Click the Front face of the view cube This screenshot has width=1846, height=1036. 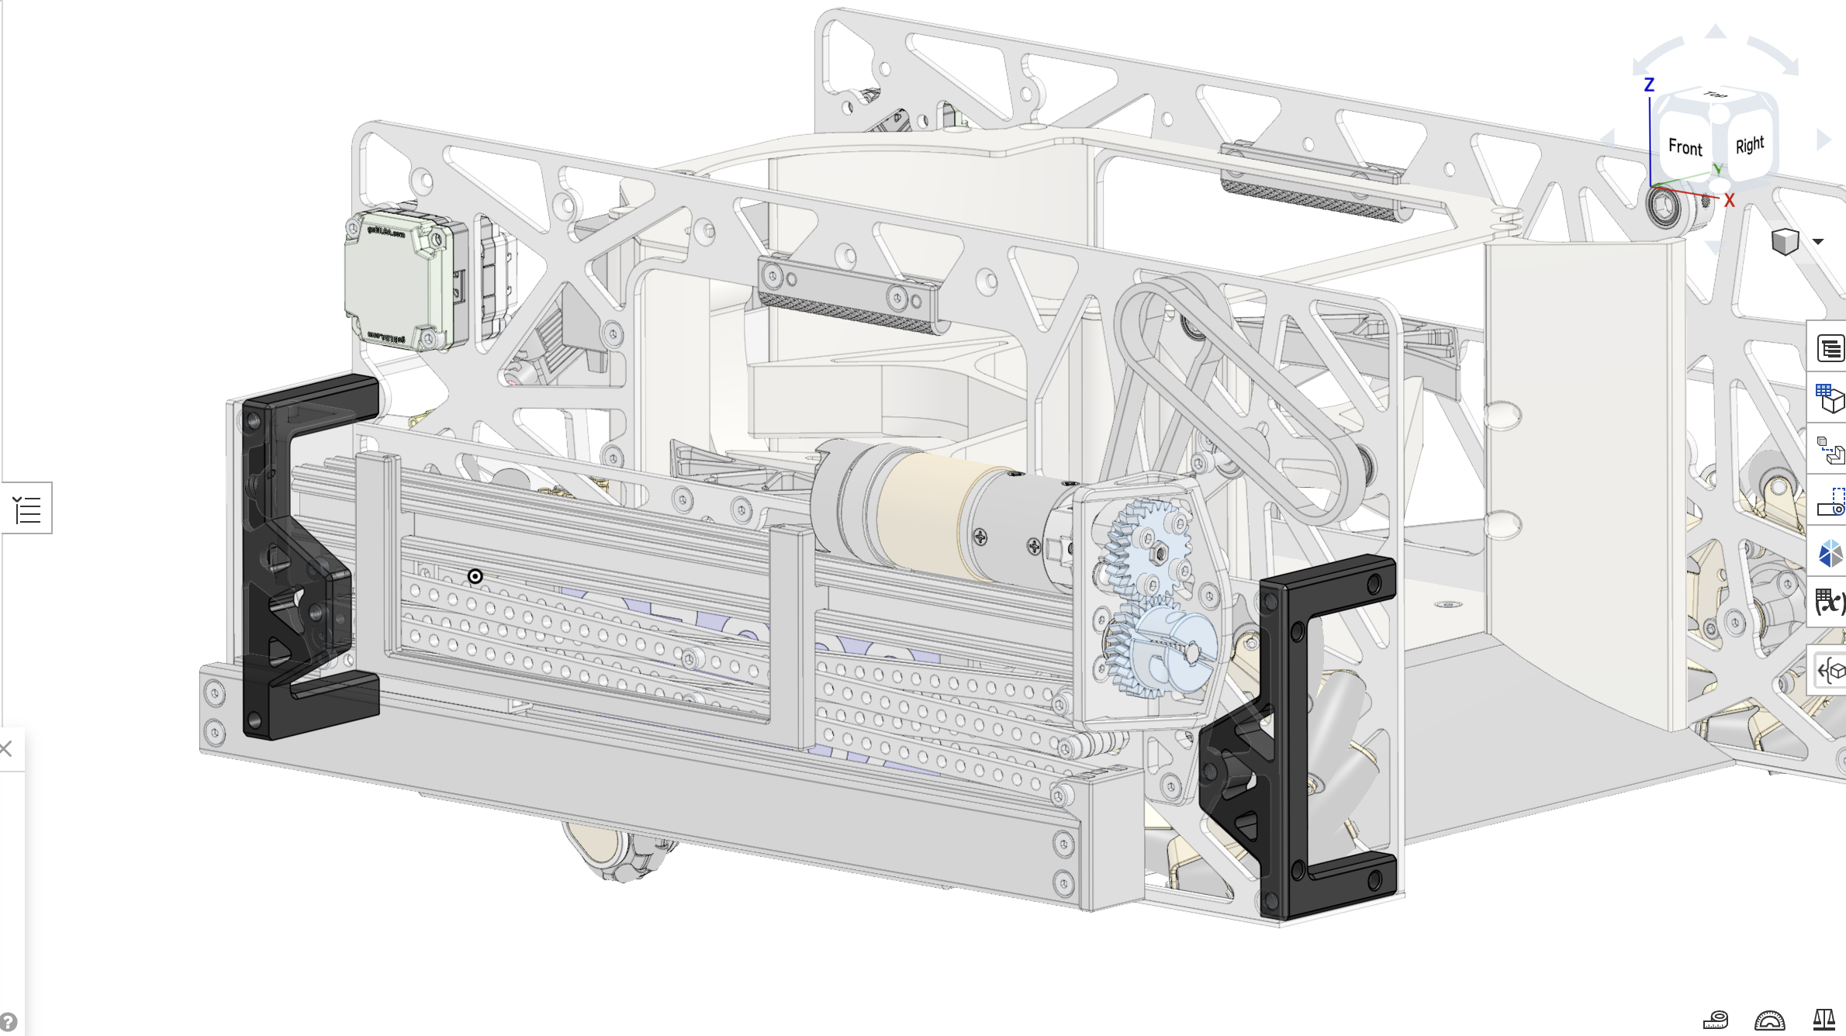coord(1685,147)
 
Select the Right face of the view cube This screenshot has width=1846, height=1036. coord(1749,145)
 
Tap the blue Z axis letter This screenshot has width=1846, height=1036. coord(1649,85)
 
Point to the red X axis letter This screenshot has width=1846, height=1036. coord(1729,201)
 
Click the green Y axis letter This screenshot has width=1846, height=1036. coord(1717,169)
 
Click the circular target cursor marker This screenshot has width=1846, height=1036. coord(475,576)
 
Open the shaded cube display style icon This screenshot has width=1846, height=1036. coord(1785,242)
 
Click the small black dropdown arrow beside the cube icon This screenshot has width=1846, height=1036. coord(1818,242)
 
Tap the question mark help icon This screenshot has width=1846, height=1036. coord(7,1022)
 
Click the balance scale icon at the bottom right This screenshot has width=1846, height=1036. coord(1824,1019)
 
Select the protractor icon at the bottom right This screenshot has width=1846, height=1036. coord(1769,1020)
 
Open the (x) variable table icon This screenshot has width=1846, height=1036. coord(1830,602)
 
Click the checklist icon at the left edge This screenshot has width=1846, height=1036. coord(27,509)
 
